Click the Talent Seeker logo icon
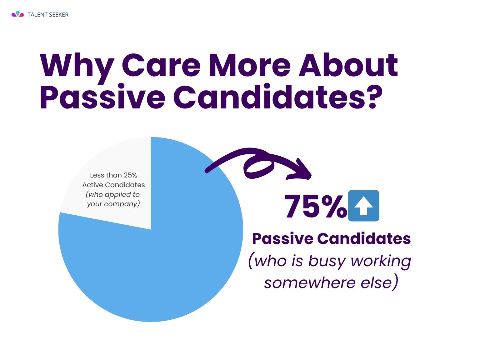click(x=18, y=14)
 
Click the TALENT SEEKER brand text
click(x=48, y=15)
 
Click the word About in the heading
click(x=348, y=65)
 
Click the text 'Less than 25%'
click(x=113, y=175)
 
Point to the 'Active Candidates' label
click(x=113, y=185)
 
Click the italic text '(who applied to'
click(x=113, y=194)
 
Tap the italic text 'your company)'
click(x=113, y=204)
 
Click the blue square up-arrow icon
click(x=363, y=206)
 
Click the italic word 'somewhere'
click(x=310, y=282)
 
